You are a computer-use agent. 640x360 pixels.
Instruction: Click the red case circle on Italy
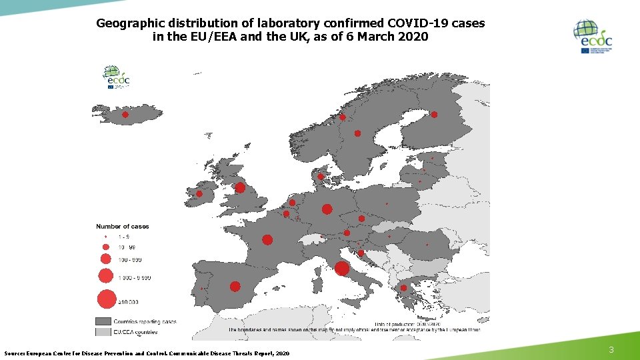[342, 268]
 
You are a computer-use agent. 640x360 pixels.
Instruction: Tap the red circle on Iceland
[125, 115]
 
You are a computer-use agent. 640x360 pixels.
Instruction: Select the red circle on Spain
[235, 286]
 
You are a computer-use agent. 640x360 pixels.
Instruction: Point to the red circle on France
[267, 239]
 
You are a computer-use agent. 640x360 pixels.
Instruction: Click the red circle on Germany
[327, 209]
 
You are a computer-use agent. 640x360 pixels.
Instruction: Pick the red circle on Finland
[434, 115]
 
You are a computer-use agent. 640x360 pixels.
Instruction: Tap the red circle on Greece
[403, 288]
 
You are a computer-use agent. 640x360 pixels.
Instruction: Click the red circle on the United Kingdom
[240, 188]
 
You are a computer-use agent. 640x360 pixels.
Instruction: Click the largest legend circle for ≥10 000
[106, 299]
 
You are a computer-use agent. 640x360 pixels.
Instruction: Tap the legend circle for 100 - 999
[105, 259]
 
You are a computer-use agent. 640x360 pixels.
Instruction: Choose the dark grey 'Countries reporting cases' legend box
[103, 321]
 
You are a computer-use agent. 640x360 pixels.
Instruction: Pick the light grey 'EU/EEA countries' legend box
[103, 331]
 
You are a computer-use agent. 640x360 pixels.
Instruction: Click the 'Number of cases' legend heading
[123, 227]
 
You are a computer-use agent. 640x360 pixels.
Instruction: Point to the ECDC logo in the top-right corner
[593, 37]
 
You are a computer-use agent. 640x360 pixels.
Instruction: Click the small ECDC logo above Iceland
[115, 77]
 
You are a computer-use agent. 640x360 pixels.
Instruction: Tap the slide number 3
[611, 351]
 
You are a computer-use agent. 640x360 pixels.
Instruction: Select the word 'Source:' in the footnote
[16, 353]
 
